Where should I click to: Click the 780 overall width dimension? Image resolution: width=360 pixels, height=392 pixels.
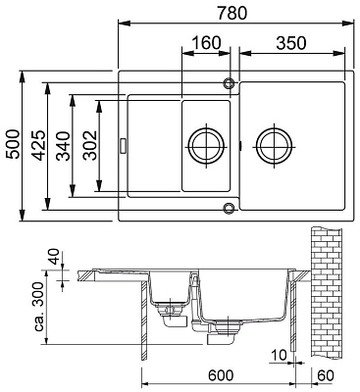(x=231, y=13)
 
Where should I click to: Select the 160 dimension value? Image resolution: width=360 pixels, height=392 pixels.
(x=206, y=43)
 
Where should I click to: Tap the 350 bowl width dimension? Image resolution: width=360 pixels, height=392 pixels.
(x=291, y=43)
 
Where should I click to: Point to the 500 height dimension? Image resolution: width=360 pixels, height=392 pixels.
(x=13, y=144)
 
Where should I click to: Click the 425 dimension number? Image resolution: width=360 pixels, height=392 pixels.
(x=39, y=145)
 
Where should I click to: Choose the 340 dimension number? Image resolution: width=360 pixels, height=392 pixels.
(x=63, y=146)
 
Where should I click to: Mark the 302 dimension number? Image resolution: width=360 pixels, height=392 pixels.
(x=89, y=145)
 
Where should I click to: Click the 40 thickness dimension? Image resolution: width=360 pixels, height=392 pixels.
(x=54, y=257)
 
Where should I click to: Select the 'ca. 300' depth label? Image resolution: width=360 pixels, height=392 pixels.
(x=39, y=307)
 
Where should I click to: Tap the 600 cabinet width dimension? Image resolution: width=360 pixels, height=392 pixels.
(x=221, y=375)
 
